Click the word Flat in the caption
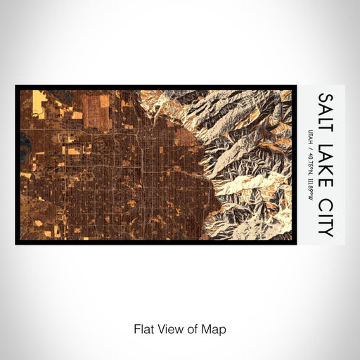[143, 329]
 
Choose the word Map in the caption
[209, 329]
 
